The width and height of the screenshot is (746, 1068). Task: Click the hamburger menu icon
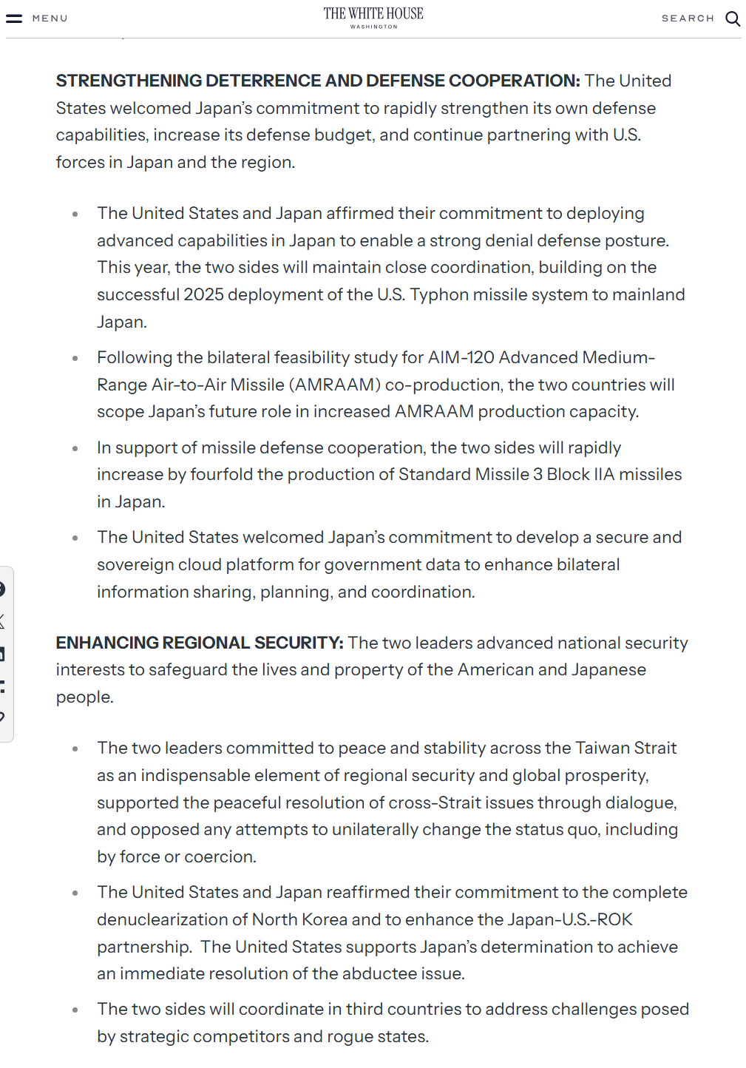click(14, 18)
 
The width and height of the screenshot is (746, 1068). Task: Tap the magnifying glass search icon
click(732, 18)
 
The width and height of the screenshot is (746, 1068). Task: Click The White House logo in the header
click(373, 17)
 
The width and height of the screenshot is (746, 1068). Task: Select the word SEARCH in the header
click(688, 18)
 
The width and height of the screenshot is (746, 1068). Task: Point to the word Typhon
click(439, 294)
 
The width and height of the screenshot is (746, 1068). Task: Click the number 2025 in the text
click(203, 294)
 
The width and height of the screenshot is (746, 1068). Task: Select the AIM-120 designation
click(461, 358)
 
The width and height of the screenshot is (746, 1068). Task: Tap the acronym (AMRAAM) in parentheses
click(335, 385)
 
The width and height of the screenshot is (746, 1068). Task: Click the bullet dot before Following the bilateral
click(75, 359)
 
